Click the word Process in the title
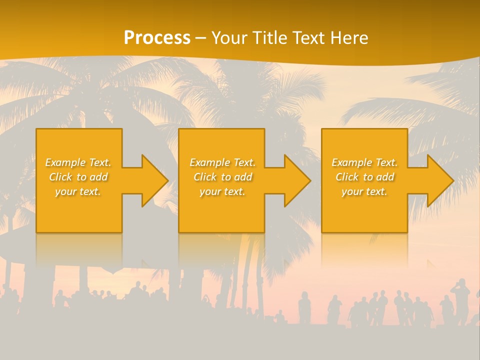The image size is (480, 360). [157, 38]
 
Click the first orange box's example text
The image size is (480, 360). [78, 177]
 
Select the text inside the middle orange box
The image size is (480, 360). [222, 177]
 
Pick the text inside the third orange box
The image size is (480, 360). [364, 177]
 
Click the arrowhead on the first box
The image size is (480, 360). [154, 180]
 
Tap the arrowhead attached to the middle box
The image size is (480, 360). [296, 180]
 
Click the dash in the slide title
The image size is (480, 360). [200, 38]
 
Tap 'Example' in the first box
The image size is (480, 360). [65, 162]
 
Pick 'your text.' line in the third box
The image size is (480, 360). [364, 191]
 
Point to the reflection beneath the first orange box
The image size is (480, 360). [79, 250]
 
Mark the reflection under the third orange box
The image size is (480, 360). [364, 250]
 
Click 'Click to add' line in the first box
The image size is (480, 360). [78, 177]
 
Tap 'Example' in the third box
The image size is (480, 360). [352, 162]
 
